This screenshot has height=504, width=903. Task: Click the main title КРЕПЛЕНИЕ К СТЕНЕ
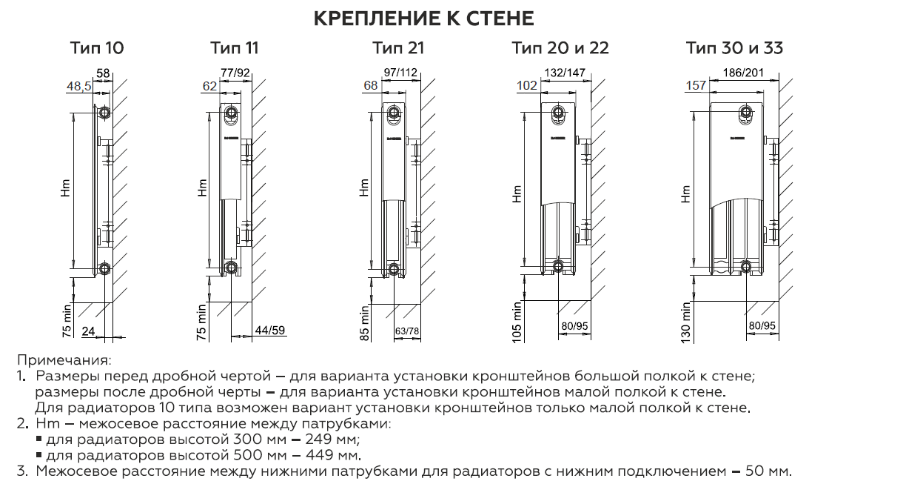coord(423,19)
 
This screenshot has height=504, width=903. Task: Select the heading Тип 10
coord(97,49)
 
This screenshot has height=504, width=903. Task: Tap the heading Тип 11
coord(235,49)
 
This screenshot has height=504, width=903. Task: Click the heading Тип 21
coord(398,49)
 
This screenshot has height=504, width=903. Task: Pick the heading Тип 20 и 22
coord(560,49)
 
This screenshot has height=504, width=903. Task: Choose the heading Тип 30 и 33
coord(734,49)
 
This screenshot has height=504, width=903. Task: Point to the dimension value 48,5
coord(79,87)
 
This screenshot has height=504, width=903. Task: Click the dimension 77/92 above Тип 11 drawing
coord(235,73)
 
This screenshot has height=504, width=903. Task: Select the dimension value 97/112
coord(400,73)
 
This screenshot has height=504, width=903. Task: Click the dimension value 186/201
coord(742,73)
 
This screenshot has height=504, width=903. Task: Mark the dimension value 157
coord(696,86)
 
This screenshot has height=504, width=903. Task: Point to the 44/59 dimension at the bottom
coord(269,331)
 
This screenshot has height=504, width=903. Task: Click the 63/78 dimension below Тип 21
coord(407,331)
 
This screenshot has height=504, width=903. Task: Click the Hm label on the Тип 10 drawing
coord(66,192)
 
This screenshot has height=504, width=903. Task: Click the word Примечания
coord(64,361)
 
